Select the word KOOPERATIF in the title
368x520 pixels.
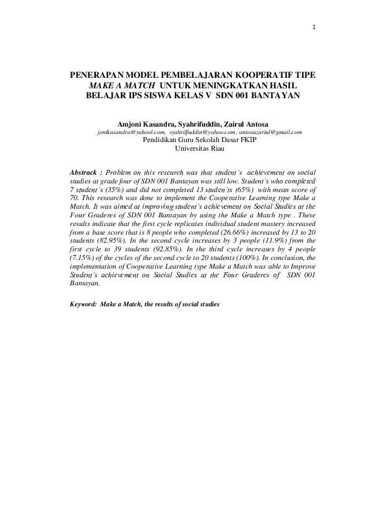tap(259, 75)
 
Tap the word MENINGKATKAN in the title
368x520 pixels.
tap(231, 85)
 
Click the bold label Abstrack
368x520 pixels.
tap(85, 170)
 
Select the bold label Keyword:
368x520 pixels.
tap(83, 304)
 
